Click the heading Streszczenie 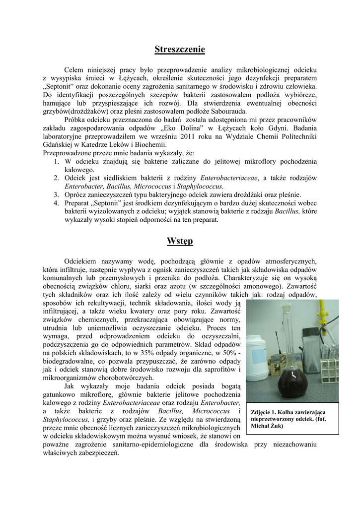[x=180, y=49]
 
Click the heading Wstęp [x=180, y=241]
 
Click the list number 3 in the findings [x=57, y=194]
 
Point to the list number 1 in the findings [x=57, y=161]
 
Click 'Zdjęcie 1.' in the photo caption [x=264, y=412]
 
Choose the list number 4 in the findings [x=57, y=203]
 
